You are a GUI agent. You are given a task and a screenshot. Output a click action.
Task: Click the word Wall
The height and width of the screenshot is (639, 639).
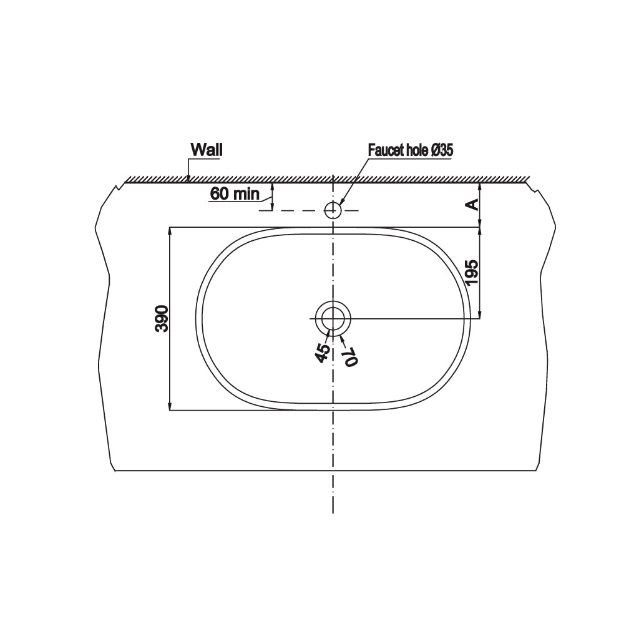click(207, 150)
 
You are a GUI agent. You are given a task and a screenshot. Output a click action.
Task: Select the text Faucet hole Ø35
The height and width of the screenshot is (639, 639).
click(411, 150)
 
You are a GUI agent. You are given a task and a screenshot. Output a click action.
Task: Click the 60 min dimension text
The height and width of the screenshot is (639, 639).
click(235, 193)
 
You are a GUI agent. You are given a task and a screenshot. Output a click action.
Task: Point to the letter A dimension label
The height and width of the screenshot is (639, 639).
click(472, 204)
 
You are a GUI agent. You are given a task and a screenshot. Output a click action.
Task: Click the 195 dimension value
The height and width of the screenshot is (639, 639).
click(472, 272)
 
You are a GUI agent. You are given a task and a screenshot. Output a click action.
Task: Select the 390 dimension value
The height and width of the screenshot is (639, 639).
click(162, 318)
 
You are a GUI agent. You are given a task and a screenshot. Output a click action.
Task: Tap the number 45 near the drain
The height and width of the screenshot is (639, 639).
click(323, 353)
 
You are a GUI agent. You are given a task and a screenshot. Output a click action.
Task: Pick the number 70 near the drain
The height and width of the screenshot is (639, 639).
click(351, 357)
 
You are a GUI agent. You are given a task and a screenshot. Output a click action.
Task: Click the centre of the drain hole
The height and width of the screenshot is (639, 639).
click(333, 318)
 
